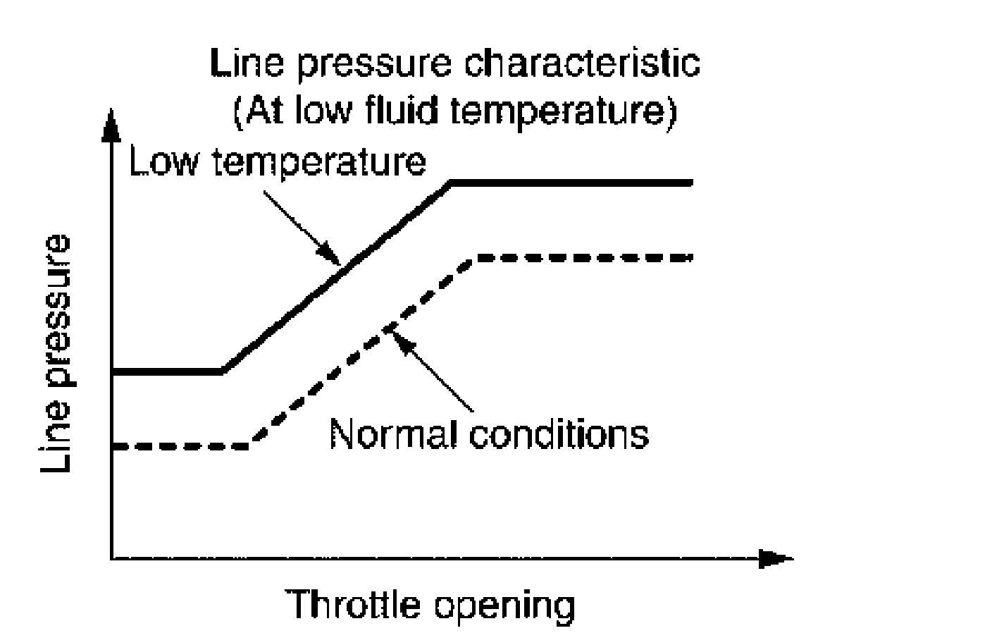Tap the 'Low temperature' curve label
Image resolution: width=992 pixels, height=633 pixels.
click(278, 162)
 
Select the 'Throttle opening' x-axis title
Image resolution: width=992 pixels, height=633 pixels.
click(430, 604)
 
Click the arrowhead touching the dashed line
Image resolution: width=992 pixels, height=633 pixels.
click(395, 332)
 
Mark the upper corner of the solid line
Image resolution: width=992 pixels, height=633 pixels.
click(452, 183)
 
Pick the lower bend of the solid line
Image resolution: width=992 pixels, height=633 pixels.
click(222, 371)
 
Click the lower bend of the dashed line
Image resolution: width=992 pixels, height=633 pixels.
click(250, 445)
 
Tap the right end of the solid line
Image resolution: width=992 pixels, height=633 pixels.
click(692, 183)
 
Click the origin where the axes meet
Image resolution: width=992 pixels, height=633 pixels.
click(111, 560)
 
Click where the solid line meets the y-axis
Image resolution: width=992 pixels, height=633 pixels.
click(112, 371)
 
